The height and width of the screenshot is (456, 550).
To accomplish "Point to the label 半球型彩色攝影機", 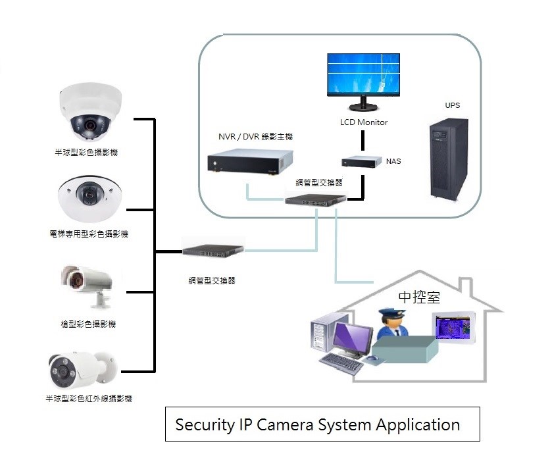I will click(91, 153).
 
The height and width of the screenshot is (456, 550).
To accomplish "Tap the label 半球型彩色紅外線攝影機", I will click(89, 399).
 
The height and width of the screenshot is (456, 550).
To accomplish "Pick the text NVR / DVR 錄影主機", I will click(255, 137).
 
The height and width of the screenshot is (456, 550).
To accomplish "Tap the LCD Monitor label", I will click(364, 122).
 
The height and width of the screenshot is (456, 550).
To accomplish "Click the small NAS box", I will click(362, 161).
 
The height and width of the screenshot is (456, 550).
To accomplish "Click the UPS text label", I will click(452, 105).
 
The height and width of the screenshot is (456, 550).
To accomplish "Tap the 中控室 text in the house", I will click(419, 297).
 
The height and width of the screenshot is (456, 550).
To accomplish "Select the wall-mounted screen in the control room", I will click(453, 328).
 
